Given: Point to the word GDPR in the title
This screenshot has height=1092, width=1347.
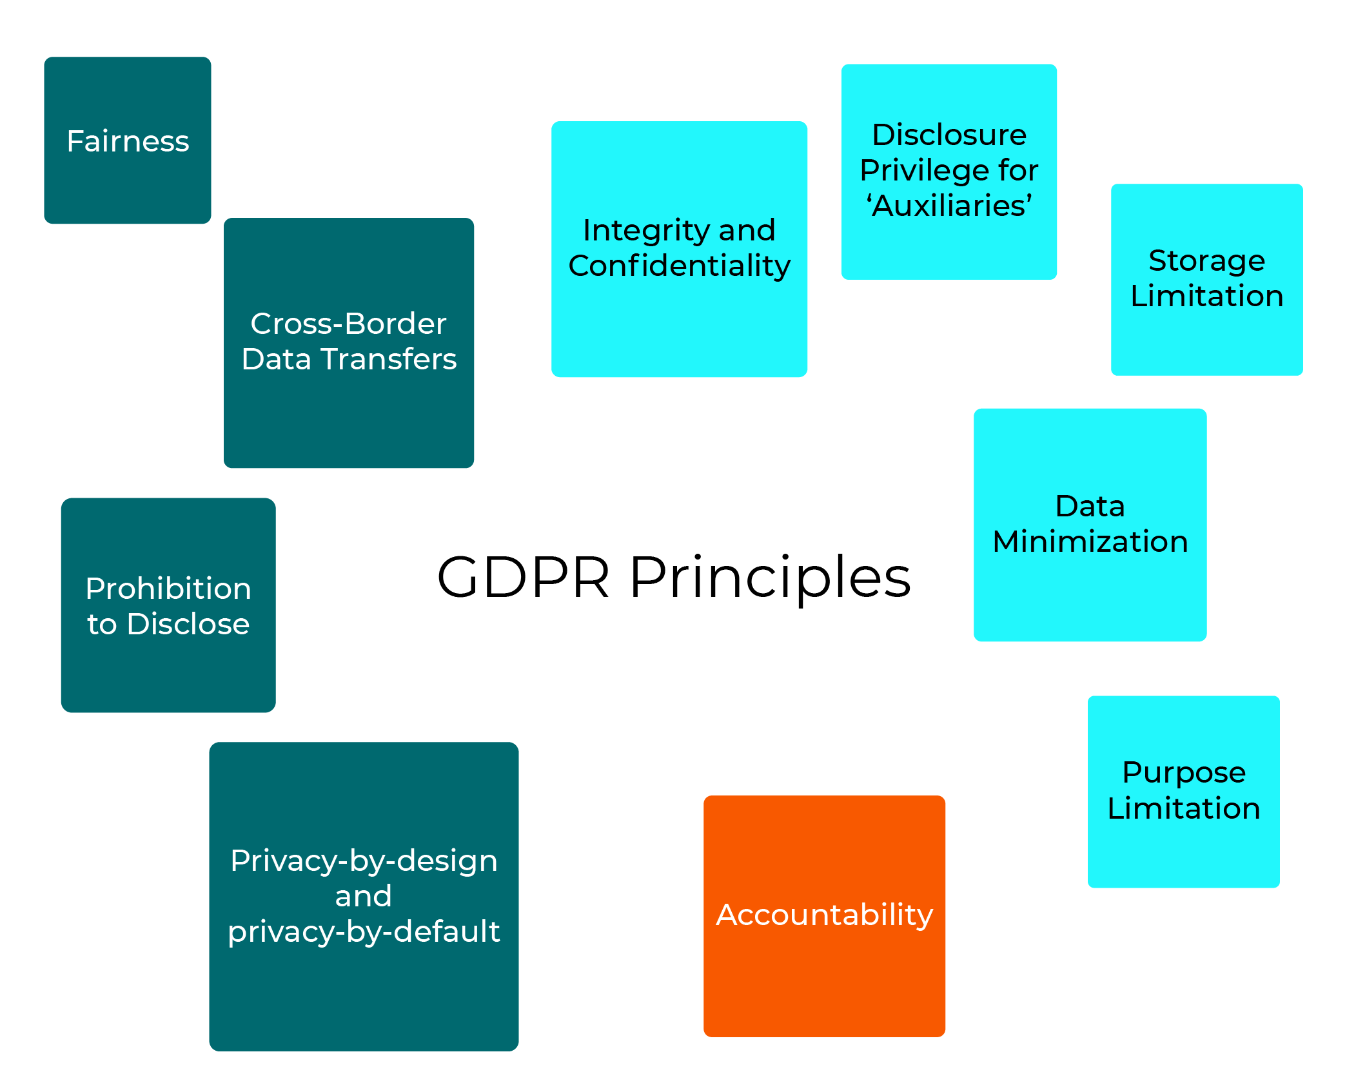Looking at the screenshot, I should (x=523, y=577).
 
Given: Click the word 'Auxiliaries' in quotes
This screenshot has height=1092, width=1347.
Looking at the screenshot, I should (x=949, y=206).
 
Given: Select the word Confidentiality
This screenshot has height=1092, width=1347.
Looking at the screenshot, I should (x=679, y=266).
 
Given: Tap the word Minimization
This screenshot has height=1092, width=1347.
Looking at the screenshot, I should (x=1090, y=541).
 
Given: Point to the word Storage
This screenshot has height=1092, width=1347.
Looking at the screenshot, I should (x=1206, y=261).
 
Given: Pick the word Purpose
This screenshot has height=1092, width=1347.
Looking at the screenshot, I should (x=1183, y=773).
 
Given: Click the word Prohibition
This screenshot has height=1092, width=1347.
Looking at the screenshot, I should (x=168, y=589).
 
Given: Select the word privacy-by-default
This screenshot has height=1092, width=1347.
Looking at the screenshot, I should (x=364, y=931).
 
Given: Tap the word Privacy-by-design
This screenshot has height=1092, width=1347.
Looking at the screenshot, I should (x=364, y=861).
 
